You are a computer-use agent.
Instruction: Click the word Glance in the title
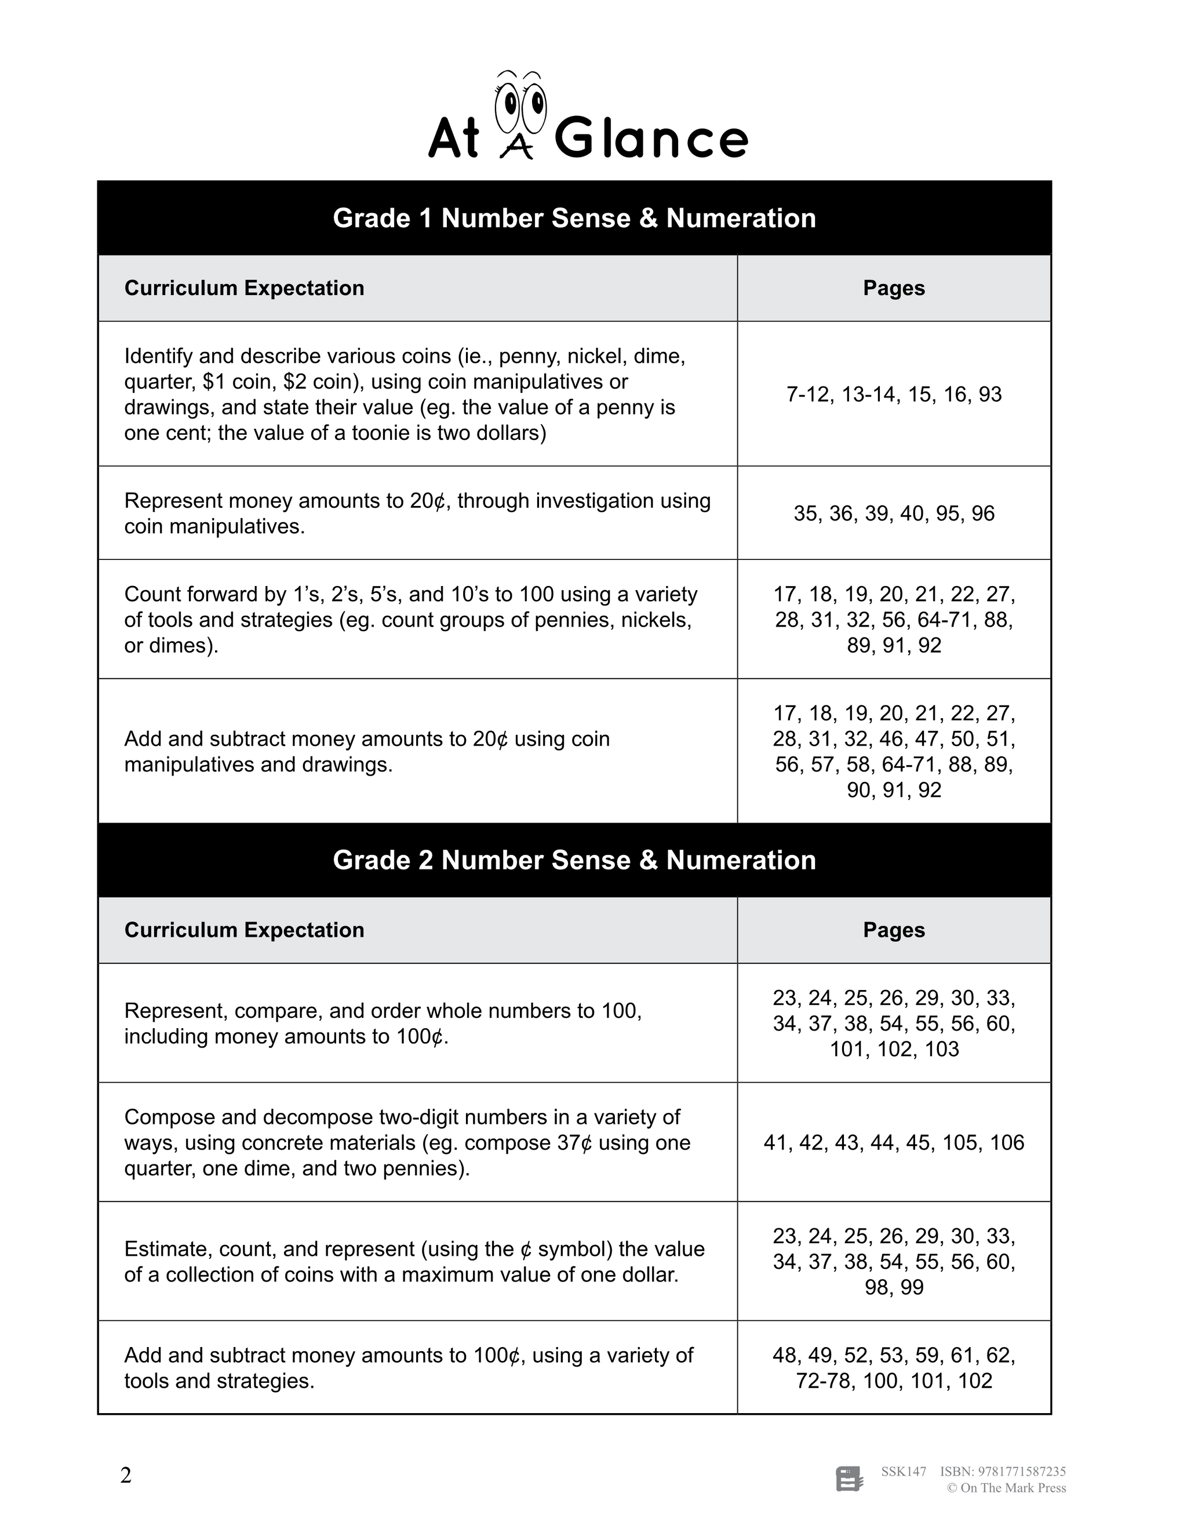[651, 139]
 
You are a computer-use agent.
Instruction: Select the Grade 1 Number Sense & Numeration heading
[574, 218]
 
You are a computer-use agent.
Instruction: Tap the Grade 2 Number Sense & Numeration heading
[574, 860]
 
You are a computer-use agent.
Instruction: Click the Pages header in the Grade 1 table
[893, 288]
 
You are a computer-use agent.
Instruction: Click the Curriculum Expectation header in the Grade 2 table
[244, 930]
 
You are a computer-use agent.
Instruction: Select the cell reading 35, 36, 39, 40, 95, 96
[893, 514]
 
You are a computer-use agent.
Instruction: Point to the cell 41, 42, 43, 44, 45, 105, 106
[893, 1143]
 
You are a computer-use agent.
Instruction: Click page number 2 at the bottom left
[126, 1476]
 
